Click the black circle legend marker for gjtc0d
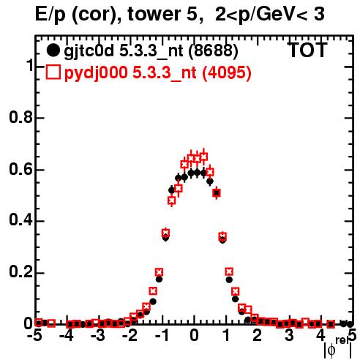pos(53,50)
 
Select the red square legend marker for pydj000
pos(53,72)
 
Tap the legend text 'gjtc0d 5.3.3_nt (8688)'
pos(151,51)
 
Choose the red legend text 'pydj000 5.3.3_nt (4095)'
pos(158,72)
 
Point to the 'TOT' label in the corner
pos(308,50)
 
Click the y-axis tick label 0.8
pos(20,117)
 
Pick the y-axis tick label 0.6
pos(20,169)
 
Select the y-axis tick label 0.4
pos(20,220)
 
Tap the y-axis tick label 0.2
pos(20,271)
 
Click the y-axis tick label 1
pos(29,65)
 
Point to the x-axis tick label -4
pos(67,336)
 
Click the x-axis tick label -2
pos(131,336)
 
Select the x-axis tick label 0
pos(194,336)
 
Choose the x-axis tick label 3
pos(289,336)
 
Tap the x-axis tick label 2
pos(258,336)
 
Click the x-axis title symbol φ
pos(331,350)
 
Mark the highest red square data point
pos(204,157)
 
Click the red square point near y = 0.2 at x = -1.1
pos(159,272)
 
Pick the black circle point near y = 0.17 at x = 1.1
pos(229,280)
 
